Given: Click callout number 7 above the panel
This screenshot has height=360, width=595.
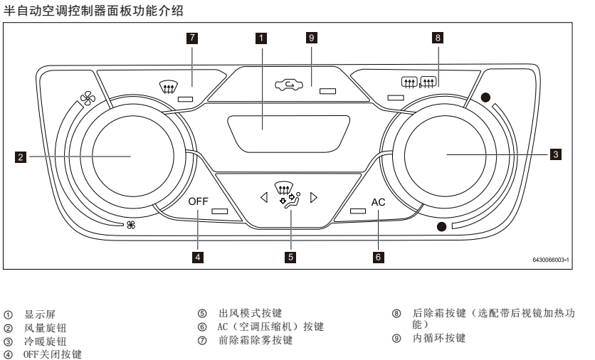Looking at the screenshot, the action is [192, 38].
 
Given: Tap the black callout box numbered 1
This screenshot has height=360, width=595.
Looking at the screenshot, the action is [261, 38].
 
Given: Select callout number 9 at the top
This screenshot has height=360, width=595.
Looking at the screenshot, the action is [312, 38].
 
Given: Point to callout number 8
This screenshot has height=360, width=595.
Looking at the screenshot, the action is [438, 38].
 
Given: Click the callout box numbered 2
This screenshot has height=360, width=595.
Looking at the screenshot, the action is [21, 157].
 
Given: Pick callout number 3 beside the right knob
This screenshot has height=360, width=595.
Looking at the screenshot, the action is [556, 154].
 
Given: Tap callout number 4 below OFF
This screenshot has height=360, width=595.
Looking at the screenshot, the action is [198, 258].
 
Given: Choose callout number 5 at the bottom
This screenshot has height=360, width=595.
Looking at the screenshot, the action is [290, 258].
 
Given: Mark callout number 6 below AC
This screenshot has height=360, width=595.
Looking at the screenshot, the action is [378, 258].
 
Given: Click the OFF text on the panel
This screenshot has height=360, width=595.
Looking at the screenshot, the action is [198, 201].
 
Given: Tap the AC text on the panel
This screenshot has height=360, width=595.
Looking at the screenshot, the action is [378, 202].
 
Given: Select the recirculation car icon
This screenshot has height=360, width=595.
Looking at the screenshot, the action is [289, 85].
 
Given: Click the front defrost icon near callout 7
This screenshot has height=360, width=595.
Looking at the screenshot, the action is [167, 88].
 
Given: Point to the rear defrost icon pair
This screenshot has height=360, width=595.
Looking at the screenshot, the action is [419, 82].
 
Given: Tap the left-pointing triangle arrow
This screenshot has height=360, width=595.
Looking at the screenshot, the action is [264, 197].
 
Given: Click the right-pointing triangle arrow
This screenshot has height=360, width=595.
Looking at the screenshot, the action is [313, 197].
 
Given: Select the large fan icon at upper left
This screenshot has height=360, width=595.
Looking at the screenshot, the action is [88, 98].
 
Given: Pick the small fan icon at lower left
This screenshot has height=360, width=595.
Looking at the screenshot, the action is [131, 225].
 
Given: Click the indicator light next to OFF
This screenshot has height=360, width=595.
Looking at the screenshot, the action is [219, 211].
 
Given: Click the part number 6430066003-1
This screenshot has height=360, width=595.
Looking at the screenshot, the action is [551, 260].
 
